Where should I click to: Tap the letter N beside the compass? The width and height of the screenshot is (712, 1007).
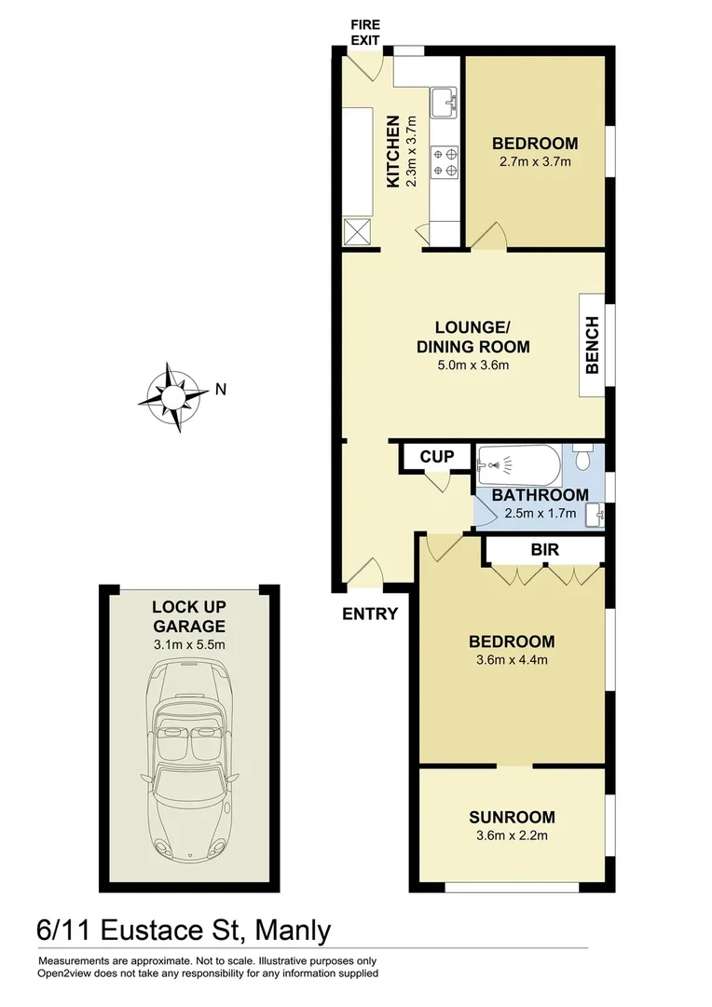[x=220, y=390]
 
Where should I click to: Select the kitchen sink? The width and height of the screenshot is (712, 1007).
[x=445, y=99]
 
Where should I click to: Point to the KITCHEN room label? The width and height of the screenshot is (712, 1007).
[x=393, y=151]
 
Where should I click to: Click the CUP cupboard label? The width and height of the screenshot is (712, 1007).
[x=437, y=457]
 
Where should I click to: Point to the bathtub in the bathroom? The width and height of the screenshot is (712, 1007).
[x=518, y=462]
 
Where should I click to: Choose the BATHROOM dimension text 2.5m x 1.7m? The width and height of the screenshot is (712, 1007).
[x=540, y=513]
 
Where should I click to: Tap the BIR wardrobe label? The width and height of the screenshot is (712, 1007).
[x=544, y=550]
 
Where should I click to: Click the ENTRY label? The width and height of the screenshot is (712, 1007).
[x=370, y=614]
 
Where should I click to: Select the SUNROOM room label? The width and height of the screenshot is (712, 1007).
[x=512, y=817]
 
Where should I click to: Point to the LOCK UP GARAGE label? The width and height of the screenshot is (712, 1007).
[x=189, y=616]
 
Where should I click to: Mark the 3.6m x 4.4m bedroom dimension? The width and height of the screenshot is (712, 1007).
[x=512, y=659]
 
